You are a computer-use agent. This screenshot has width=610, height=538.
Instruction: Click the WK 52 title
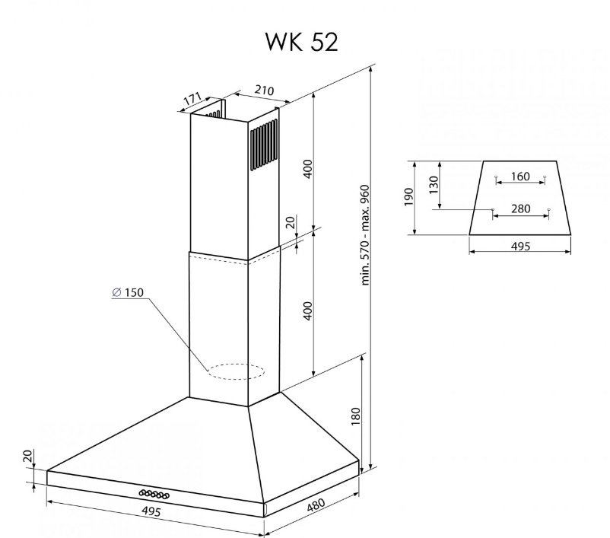tap(301, 42)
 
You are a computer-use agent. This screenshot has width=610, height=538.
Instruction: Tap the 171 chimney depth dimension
tap(192, 99)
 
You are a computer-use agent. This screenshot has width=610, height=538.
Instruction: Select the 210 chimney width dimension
tap(265, 91)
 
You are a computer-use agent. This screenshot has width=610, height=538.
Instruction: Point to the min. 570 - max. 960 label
tap(365, 235)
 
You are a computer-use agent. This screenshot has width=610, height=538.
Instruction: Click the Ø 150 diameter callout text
tap(128, 292)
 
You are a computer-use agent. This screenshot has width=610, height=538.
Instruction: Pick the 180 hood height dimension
tap(356, 416)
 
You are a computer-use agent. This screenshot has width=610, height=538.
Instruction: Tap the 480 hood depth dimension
tap(316, 505)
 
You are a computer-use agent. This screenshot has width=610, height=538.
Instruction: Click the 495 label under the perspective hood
tap(151, 511)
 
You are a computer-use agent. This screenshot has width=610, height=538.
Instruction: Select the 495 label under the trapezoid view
tap(520, 247)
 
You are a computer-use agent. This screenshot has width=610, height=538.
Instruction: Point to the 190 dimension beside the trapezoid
tap(408, 197)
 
